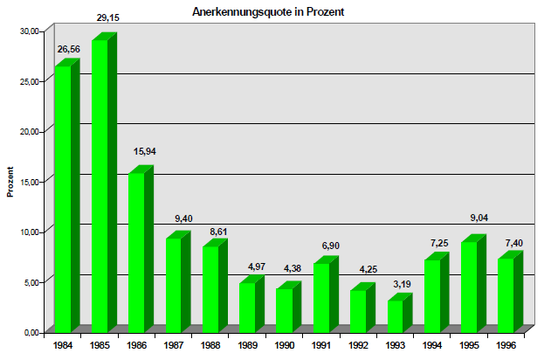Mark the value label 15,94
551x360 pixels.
(x=145, y=151)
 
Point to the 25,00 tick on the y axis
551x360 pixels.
(x=30, y=81)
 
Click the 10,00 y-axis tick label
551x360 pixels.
(x=30, y=232)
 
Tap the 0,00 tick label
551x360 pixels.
(x=32, y=333)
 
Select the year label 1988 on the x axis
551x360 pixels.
(x=210, y=345)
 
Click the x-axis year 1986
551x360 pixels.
(x=137, y=345)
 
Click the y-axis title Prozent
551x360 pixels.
(x=10, y=181)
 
